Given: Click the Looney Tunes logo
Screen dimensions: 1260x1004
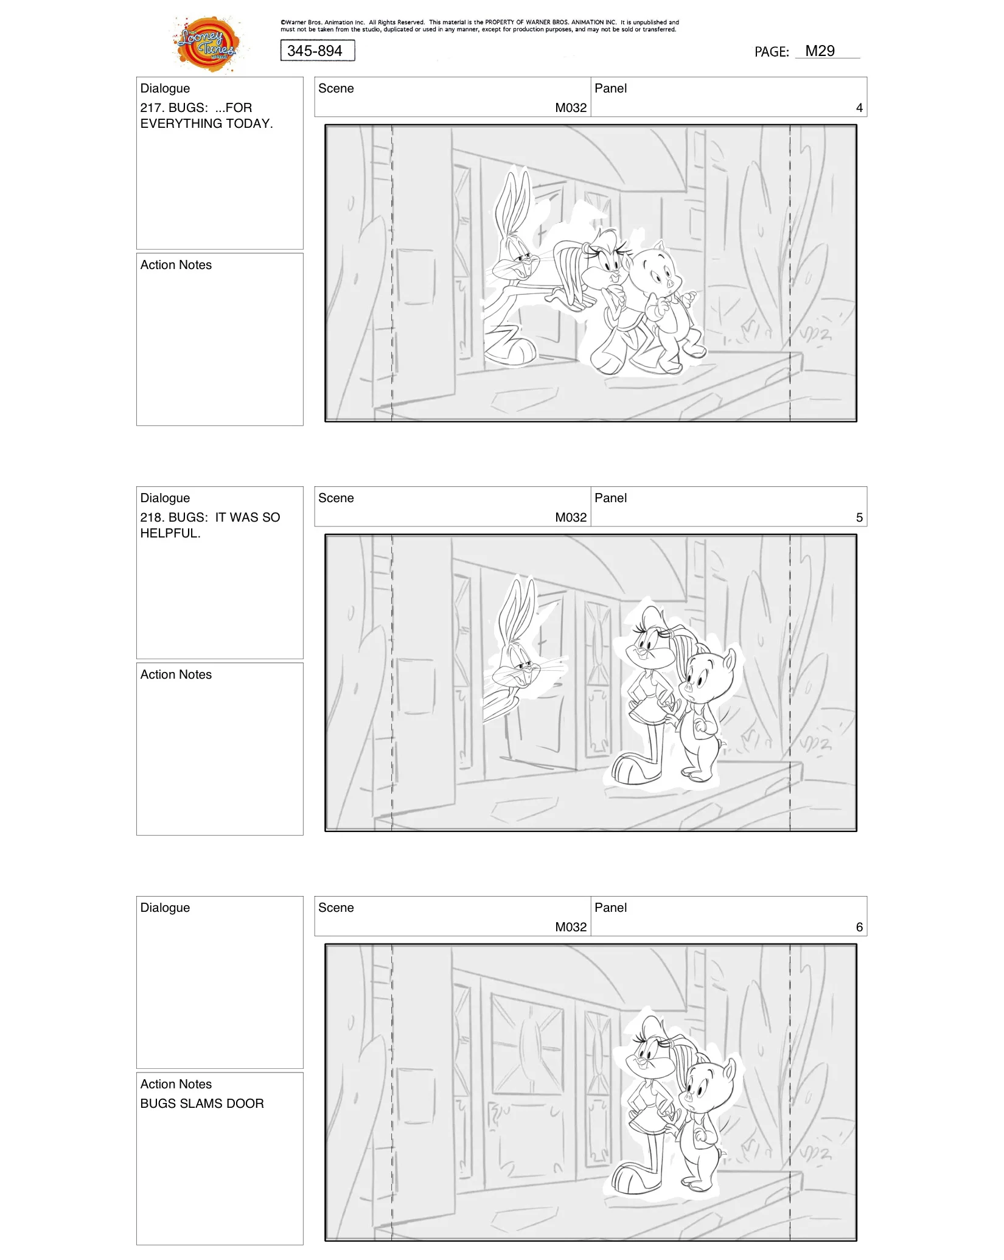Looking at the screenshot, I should tap(207, 44).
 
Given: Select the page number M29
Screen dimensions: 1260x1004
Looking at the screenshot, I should tap(820, 51).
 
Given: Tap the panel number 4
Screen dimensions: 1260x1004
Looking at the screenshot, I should tap(859, 108).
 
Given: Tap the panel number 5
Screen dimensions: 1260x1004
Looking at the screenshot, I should tap(859, 517).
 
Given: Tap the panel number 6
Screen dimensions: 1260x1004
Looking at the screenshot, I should tap(859, 927).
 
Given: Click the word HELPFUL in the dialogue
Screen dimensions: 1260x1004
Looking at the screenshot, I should tap(170, 533).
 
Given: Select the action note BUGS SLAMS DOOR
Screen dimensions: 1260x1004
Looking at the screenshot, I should tap(202, 1104).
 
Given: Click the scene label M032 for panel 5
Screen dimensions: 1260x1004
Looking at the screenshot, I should tap(570, 517).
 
